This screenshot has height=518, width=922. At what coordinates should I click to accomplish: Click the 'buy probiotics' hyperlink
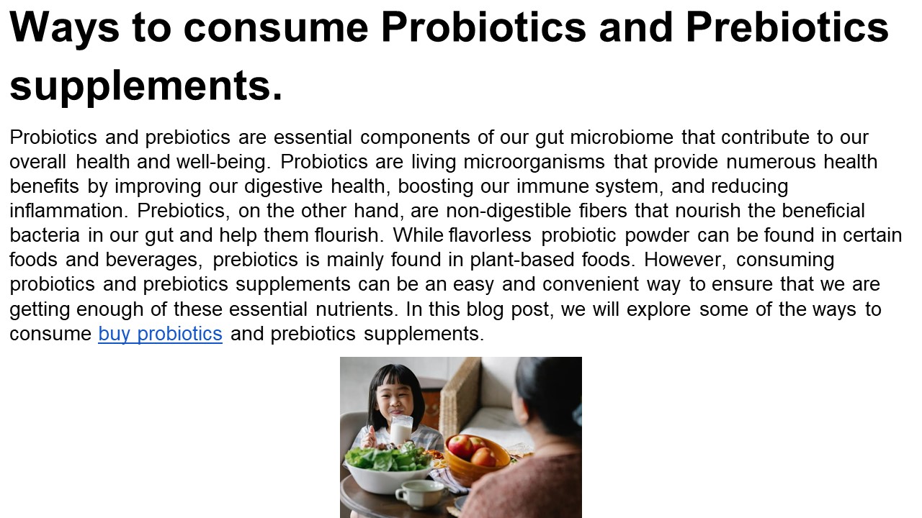tap(160, 335)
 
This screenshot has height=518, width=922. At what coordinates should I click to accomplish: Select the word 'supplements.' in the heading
tap(146, 86)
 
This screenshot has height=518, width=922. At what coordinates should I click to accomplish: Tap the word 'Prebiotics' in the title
tap(787, 27)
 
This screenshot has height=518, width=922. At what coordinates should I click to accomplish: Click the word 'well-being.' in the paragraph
tap(223, 163)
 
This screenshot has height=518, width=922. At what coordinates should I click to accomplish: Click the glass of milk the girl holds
tap(400, 430)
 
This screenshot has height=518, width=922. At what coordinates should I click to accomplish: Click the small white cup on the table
tap(419, 494)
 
